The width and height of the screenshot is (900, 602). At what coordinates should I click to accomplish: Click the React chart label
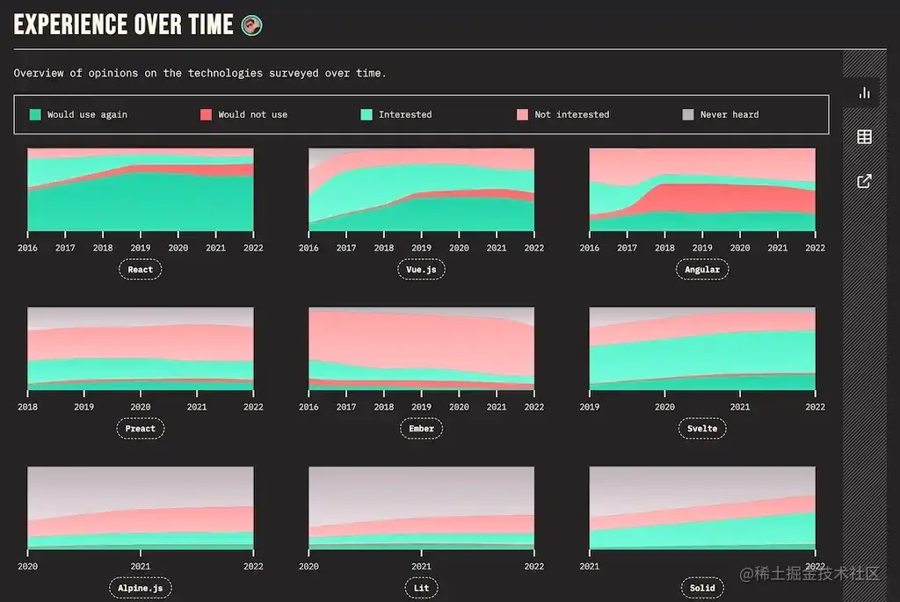pyautogui.click(x=141, y=270)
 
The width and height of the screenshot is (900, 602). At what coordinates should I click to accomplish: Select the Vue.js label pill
pyautogui.click(x=422, y=270)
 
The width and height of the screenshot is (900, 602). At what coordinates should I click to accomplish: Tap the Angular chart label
pyautogui.click(x=702, y=270)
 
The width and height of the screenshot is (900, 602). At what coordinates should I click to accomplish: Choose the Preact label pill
pyautogui.click(x=141, y=429)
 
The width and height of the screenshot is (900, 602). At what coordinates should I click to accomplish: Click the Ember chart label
pyautogui.click(x=422, y=429)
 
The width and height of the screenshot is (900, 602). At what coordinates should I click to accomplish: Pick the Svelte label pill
pyautogui.click(x=702, y=429)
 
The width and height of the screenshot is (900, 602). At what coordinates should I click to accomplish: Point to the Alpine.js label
pyautogui.click(x=141, y=588)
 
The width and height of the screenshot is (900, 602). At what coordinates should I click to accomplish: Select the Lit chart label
pyautogui.click(x=422, y=588)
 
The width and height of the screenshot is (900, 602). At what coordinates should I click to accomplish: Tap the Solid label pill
pyautogui.click(x=702, y=588)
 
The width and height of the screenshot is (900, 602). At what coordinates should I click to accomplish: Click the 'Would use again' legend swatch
pyautogui.click(x=35, y=114)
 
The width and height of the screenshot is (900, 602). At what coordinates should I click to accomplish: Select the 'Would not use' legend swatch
pyautogui.click(x=206, y=114)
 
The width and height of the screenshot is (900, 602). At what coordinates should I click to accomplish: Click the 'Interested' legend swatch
pyautogui.click(x=367, y=114)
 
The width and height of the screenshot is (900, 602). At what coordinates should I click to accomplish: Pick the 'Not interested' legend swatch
pyautogui.click(x=522, y=114)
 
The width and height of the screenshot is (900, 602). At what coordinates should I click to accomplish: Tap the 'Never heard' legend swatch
pyautogui.click(x=688, y=114)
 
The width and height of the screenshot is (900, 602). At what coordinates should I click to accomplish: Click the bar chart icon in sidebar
pyautogui.click(x=864, y=92)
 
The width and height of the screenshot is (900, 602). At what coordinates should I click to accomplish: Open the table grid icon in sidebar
pyautogui.click(x=864, y=136)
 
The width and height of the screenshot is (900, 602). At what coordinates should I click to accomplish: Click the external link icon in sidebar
pyautogui.click(x=864, y=181)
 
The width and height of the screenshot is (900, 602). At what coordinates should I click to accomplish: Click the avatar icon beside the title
pyautogui.click(x=251, y=25)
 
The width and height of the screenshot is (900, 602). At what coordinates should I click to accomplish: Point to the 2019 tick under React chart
pyautogui.click(x=141, y=248)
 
